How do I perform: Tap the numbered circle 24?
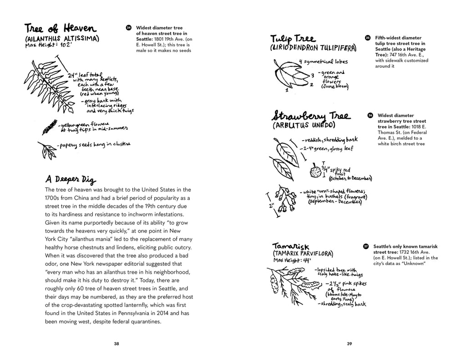click(x=128, y=28)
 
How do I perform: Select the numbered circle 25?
click(x=368, y=38)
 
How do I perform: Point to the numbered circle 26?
click(x=370, y=116)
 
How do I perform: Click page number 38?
click(x=116, y=343)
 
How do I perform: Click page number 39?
click(x=349, y=343)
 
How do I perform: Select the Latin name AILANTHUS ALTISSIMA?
click(x=62, y=39)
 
